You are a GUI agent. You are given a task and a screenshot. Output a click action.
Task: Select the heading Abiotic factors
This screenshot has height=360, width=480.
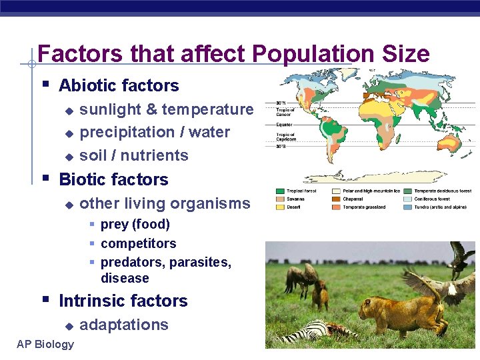pos(119,85)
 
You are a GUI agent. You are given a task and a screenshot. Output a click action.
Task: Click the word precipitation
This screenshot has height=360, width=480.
pos(124,132)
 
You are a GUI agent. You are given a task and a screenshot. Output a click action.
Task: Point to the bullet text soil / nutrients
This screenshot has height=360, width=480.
pos(134,155)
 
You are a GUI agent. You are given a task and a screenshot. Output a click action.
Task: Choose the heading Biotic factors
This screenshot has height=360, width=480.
pos(113,179)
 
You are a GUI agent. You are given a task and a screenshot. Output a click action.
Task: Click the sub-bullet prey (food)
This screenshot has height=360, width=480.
pos(135,224)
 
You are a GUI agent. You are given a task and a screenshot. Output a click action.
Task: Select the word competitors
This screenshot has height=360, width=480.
pos(138,243)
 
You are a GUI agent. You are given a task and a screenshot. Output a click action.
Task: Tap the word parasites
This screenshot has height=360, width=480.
pos(200,262)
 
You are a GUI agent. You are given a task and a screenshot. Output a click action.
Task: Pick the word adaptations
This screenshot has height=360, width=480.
pos(124,325)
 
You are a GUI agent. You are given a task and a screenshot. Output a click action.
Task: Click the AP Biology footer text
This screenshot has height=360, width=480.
pos(46,344)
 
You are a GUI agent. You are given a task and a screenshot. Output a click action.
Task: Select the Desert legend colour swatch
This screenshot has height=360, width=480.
pos(279,207)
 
